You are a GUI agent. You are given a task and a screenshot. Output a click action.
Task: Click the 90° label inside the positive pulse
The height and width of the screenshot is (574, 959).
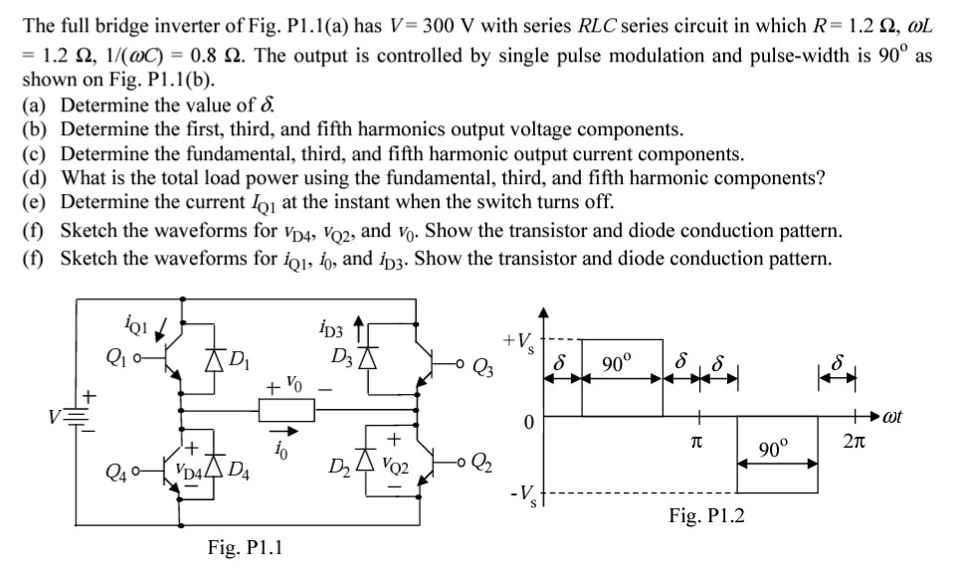(x=621, y=358)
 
